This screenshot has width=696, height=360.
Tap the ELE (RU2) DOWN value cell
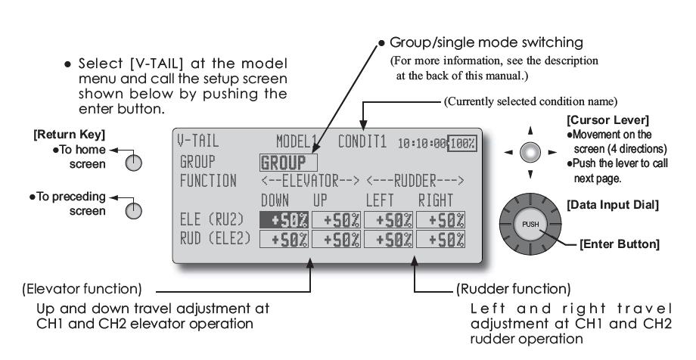[x=283, y=220]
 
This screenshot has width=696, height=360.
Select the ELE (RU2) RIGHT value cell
[x=438, y=220]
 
